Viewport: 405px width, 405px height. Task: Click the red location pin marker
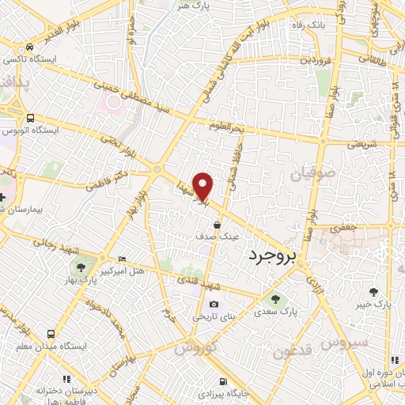[x=203, y=187]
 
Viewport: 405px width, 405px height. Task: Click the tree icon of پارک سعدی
[x=275, y=299]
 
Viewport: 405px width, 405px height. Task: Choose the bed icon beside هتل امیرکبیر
[x=121, y=259]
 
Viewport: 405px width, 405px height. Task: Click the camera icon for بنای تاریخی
[x=213, y=305]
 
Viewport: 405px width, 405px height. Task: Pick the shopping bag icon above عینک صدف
[x=217, y=225]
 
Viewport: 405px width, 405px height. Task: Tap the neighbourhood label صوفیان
[x=316, y=172]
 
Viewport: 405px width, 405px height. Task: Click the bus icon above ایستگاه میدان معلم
[x=51, y=334]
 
